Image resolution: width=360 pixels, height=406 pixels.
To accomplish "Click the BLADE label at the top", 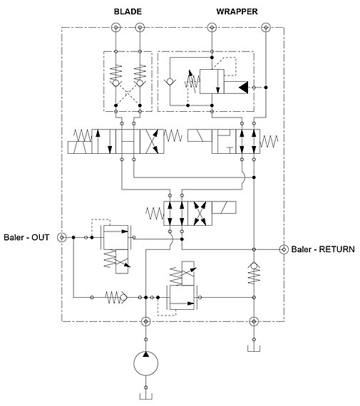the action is click(x=128, y=11).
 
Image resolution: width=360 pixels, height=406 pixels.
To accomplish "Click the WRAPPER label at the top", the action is click(x=237, y=11).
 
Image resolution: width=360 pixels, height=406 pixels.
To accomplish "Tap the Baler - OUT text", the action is click(x=26, y=237).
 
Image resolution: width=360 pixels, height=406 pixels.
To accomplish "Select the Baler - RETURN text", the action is click(x=323, y=249).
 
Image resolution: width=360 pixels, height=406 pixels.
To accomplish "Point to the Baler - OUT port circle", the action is click(x=62, y=237).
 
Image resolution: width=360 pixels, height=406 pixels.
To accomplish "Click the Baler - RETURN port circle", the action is click(x=284, y=249).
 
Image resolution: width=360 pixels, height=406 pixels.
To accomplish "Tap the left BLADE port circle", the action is click(x=116, y=27).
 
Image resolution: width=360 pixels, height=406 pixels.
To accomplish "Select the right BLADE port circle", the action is click(x=140, y=27).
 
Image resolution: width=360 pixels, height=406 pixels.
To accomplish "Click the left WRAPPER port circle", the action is click(x=212, y=27).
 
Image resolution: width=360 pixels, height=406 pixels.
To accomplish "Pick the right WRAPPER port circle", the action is click(x=266, y=27).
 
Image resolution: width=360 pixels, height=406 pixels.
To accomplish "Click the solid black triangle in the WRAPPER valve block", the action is click(x=244, y=88).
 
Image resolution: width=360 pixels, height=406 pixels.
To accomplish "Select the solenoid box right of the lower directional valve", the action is click(x=224, y=207).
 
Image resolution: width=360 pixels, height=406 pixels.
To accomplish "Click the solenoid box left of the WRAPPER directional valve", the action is click(x=200, y=135).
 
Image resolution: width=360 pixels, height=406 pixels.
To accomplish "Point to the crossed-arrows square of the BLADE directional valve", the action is click(x=152, y=141).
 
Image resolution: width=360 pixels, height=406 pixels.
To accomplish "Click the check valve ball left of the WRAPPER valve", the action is click(x=170, y=83).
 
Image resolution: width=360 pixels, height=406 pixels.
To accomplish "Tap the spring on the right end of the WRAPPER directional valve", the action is click(x=269, y=141).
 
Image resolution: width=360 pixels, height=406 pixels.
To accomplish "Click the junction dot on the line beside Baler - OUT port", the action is click(x=73, y=237).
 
